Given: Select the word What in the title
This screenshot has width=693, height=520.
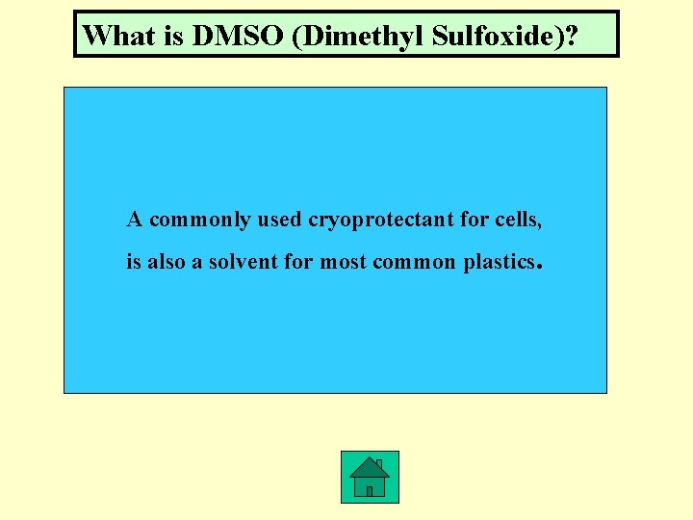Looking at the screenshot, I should (115, 36).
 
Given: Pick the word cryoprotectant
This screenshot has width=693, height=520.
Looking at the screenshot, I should (381, 220).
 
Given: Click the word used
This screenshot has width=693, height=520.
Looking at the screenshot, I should (280, 220).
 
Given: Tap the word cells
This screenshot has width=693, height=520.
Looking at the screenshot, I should (519, 220).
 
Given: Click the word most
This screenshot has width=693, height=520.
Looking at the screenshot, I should (342, 261).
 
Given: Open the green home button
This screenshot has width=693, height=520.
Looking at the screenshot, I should (370, 477).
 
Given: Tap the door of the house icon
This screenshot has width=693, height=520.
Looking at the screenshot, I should (370, 490).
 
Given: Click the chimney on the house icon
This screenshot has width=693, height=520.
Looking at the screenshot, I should (379, 465).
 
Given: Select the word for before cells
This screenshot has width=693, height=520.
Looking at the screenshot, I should (474, 220).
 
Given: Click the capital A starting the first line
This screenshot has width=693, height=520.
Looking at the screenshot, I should (135, 220).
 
